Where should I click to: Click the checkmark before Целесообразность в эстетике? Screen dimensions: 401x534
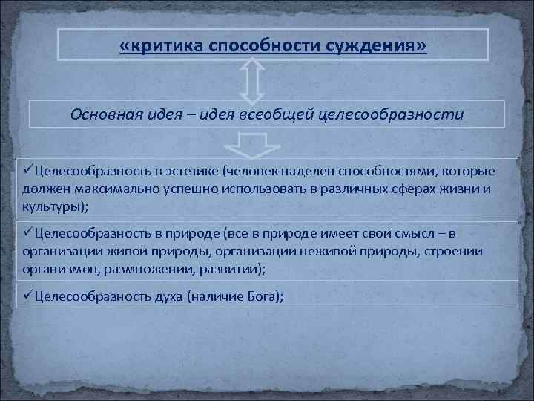point(27,172)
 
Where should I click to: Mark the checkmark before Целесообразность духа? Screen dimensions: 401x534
point(27,296)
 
